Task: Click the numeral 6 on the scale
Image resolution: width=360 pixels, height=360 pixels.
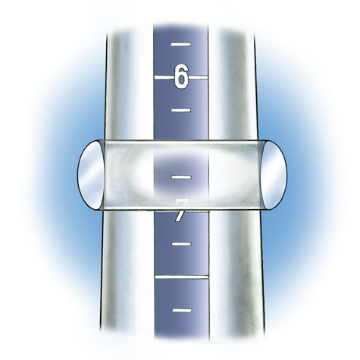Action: (180, 77)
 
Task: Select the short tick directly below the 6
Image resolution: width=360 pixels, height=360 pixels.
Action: (180, 111)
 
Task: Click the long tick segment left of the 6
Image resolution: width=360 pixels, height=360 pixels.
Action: (163, 77)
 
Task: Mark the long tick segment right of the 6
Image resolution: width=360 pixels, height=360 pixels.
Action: (199, 77)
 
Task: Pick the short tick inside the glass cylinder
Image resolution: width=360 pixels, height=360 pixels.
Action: (180, 177)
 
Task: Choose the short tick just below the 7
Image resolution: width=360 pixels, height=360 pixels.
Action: (180, 245)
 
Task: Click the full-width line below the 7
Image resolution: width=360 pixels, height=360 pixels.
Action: (180, 278)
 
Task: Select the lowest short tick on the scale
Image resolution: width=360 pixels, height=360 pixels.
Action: (180, 310)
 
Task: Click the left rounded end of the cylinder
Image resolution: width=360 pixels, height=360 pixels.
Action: (90, 174)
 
